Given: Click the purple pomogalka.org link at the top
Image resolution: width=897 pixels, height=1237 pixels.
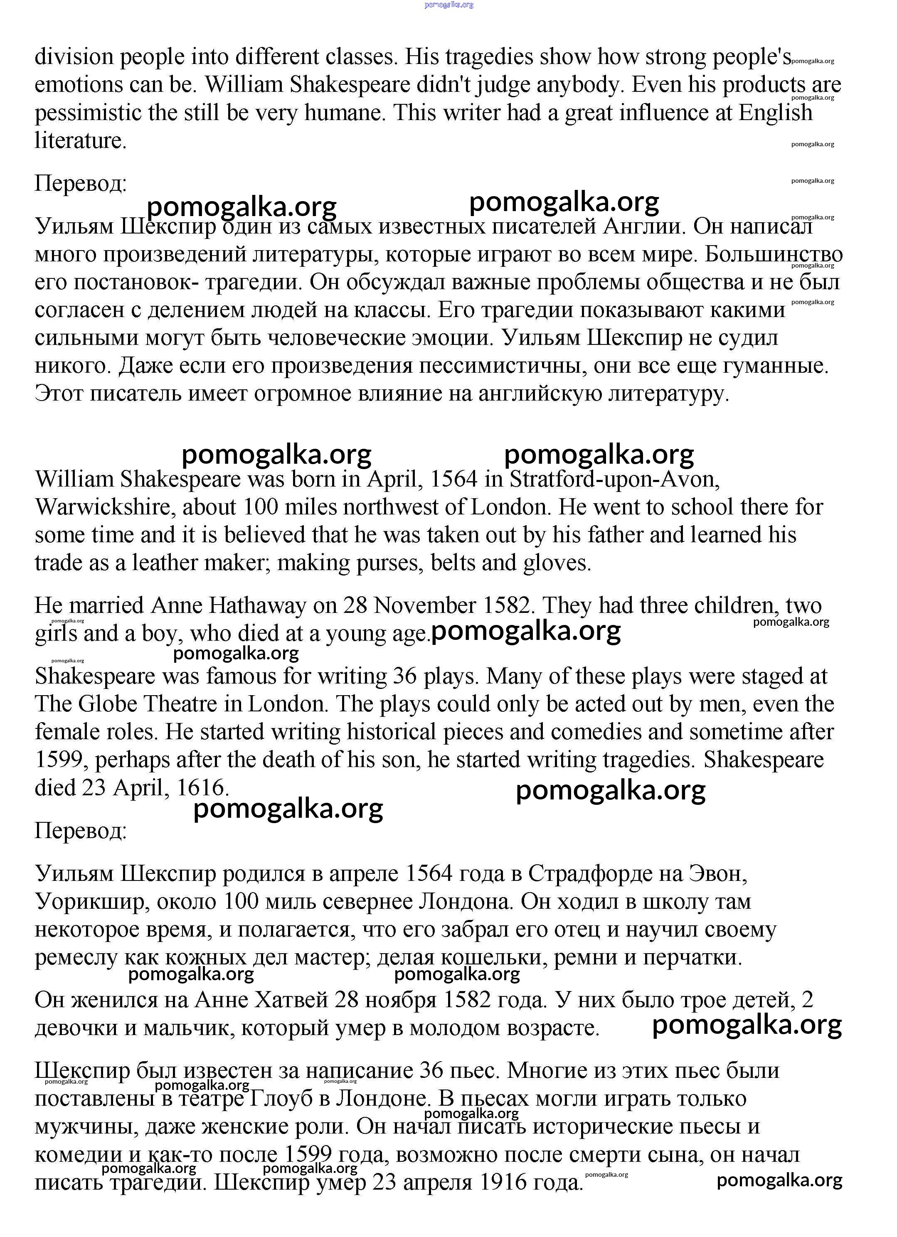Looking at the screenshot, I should pos(448,5).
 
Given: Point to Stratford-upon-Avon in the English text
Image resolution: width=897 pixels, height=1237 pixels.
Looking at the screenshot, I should pos(614,480).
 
